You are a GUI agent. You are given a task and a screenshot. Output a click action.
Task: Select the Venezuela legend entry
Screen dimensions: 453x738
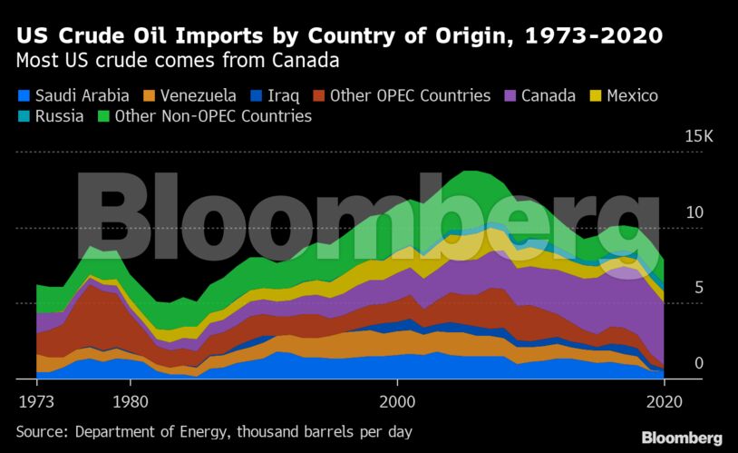(x=191, y=95)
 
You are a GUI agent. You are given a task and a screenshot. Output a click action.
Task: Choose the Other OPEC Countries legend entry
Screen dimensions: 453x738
(x=402, y=95)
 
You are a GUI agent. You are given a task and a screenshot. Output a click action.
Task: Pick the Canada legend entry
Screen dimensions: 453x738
(x=538, y=95)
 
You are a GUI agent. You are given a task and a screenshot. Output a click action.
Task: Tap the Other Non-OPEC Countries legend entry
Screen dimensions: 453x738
(x=204, y=116)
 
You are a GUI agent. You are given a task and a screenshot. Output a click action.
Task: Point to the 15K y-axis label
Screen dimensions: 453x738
(x=699, y=137)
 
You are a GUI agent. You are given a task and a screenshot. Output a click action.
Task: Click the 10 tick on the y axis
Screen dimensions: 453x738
(x=694, y=212)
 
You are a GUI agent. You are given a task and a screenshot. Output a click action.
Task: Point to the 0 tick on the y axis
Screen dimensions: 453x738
(x=698, y=363)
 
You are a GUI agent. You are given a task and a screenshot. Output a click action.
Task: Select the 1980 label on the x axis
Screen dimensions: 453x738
(x=131, y=400)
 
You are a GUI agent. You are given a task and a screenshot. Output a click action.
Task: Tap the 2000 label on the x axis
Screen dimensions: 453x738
(x=397, y=400)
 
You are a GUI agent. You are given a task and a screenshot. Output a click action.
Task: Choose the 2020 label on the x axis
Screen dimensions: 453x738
(x=664, y=400)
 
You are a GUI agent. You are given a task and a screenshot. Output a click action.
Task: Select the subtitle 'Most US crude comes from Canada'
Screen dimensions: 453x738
(x=171, y=62)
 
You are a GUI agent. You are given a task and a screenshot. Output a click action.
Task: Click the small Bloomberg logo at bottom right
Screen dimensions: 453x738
(x=682, y=438)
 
